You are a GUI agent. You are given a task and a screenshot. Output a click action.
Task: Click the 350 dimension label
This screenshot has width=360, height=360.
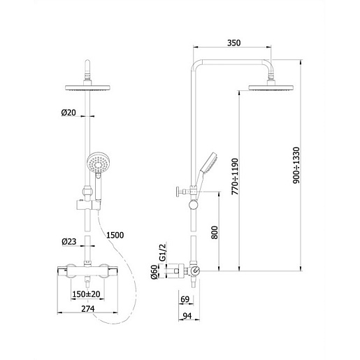(233, 43)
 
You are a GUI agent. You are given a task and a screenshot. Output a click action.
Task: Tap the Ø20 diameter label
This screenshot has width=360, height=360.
(69, 113)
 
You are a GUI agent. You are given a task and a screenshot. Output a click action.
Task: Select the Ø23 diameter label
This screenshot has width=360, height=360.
(69, 242)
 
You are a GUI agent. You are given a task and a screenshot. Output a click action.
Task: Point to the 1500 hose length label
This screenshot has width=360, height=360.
(115, 235)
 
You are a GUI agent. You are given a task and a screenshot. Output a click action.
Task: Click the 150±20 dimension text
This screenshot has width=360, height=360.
(86, 294)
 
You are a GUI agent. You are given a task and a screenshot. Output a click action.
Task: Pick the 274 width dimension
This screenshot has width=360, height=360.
(88, 309)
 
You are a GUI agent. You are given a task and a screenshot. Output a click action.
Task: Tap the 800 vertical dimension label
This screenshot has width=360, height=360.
(215, 232)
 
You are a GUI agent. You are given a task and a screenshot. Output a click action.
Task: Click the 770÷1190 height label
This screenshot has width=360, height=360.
(235, 177)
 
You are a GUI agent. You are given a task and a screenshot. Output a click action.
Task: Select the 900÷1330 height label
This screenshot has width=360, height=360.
(296, 165)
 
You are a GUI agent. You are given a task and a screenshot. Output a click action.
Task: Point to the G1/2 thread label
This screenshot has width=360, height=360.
(162, 252)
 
